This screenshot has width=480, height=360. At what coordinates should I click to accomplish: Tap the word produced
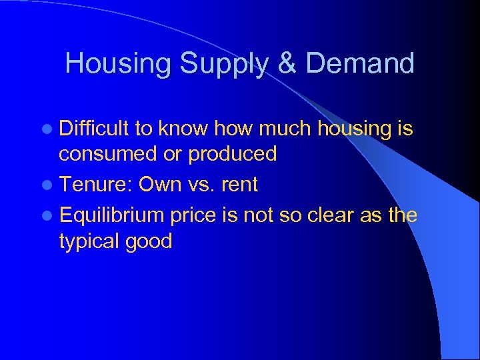click(x=233, y=154)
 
